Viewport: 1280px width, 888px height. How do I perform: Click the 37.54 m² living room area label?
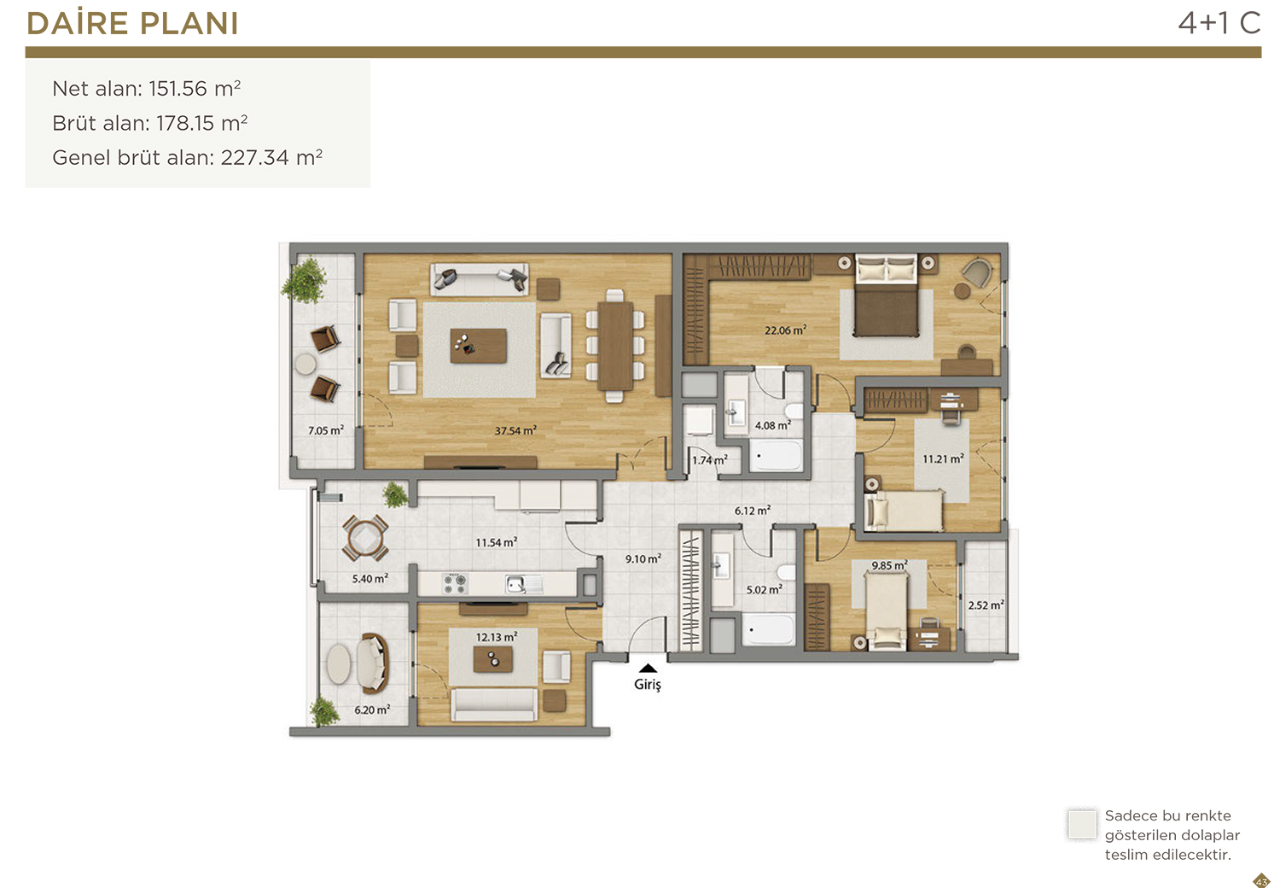515,430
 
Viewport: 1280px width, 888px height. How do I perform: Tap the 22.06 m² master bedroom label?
786,330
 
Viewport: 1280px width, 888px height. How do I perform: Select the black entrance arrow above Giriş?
648,668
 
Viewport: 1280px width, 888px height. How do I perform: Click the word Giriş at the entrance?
648,685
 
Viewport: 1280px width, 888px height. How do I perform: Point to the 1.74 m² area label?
710,459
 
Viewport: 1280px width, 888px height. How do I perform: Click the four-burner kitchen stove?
455,584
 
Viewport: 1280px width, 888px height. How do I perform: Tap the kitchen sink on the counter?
523,584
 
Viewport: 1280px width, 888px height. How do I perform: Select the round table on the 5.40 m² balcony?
364,538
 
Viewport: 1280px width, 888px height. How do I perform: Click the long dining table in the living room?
615,346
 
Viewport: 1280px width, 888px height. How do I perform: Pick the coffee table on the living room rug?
478,345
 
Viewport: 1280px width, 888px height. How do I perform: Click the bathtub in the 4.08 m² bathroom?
776,456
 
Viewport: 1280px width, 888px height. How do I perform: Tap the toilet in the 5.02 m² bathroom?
786,572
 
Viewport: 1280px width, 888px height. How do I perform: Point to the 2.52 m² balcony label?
986,605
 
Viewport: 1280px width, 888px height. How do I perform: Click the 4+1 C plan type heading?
1219,23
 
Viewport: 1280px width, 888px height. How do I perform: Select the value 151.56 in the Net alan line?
177,89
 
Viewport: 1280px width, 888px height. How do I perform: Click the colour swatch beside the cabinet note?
1082,824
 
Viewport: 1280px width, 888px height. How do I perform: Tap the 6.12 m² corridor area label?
753,510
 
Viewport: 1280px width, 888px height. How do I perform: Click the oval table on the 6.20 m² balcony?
338,663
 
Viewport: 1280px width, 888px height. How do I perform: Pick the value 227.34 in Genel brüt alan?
255,157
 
